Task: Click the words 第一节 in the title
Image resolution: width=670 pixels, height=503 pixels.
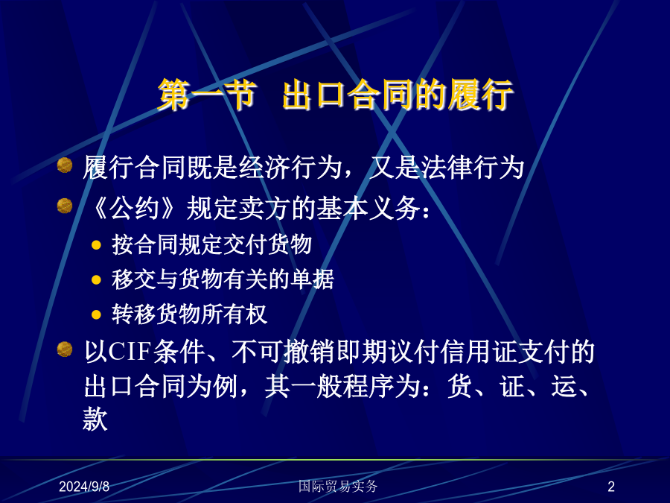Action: pos(208,95)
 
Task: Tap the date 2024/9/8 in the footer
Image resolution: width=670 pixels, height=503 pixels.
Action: pos(84,487)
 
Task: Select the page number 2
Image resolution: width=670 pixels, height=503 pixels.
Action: pos(611,487)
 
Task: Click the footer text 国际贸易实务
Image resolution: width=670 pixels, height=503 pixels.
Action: pos(338,486)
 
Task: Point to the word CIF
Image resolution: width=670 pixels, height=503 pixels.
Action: pos(130,352)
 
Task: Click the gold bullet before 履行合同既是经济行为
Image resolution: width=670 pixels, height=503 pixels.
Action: pos(65,165)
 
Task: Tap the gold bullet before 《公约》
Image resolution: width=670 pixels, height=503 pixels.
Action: pos(65,206)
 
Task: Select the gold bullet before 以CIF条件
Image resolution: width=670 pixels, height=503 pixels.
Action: pos(65,349)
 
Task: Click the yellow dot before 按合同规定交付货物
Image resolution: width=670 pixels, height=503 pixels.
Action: pos(96,245)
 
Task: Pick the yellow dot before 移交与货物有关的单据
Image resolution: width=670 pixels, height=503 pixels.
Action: pos(96,279)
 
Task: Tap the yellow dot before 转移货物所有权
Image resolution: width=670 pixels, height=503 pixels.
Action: pos(96,314)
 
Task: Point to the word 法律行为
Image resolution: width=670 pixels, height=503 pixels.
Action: pos(473,167)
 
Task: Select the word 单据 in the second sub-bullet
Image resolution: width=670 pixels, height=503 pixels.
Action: pos(312,279)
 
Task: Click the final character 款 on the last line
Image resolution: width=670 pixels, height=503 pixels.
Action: pos(95,419)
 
